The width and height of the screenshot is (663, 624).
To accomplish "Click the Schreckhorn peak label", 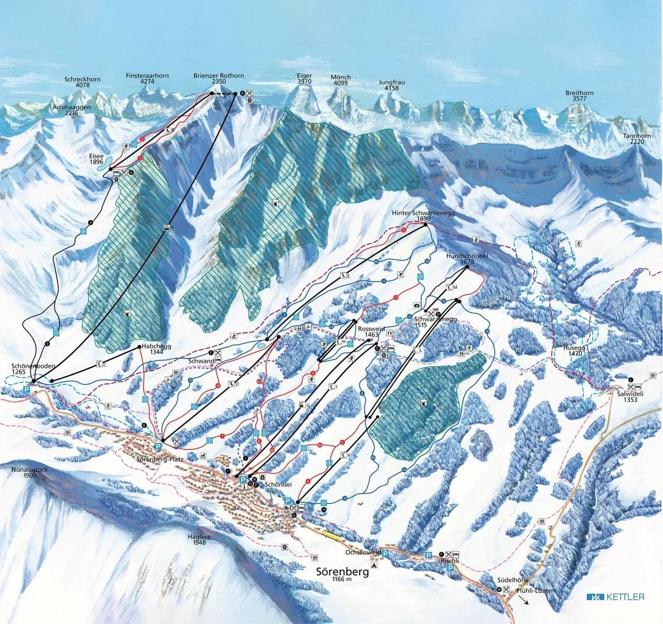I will (77, 82).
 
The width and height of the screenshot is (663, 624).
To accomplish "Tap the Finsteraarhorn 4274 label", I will (147, 78).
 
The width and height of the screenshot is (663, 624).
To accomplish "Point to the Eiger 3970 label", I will (304, 78).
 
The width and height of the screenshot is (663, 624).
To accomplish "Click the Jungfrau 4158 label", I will (392, 85).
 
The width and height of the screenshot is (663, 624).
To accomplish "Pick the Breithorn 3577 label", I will (579, 96).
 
